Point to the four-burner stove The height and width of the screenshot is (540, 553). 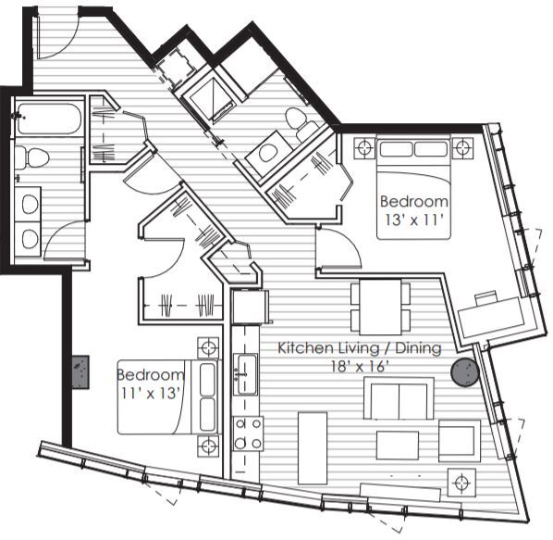tap(247, 433)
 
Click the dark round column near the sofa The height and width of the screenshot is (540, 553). tap(462, 373)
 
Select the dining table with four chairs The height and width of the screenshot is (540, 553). tap(379, 308)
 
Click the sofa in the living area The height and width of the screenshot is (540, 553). tap(399, 398)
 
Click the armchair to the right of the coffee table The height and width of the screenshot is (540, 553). tap(459, 440)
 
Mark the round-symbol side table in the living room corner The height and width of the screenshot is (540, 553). tap(460, 481)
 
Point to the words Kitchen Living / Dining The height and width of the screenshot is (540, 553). tap(360, 348)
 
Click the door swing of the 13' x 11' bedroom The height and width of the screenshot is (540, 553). tap(335, 248)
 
